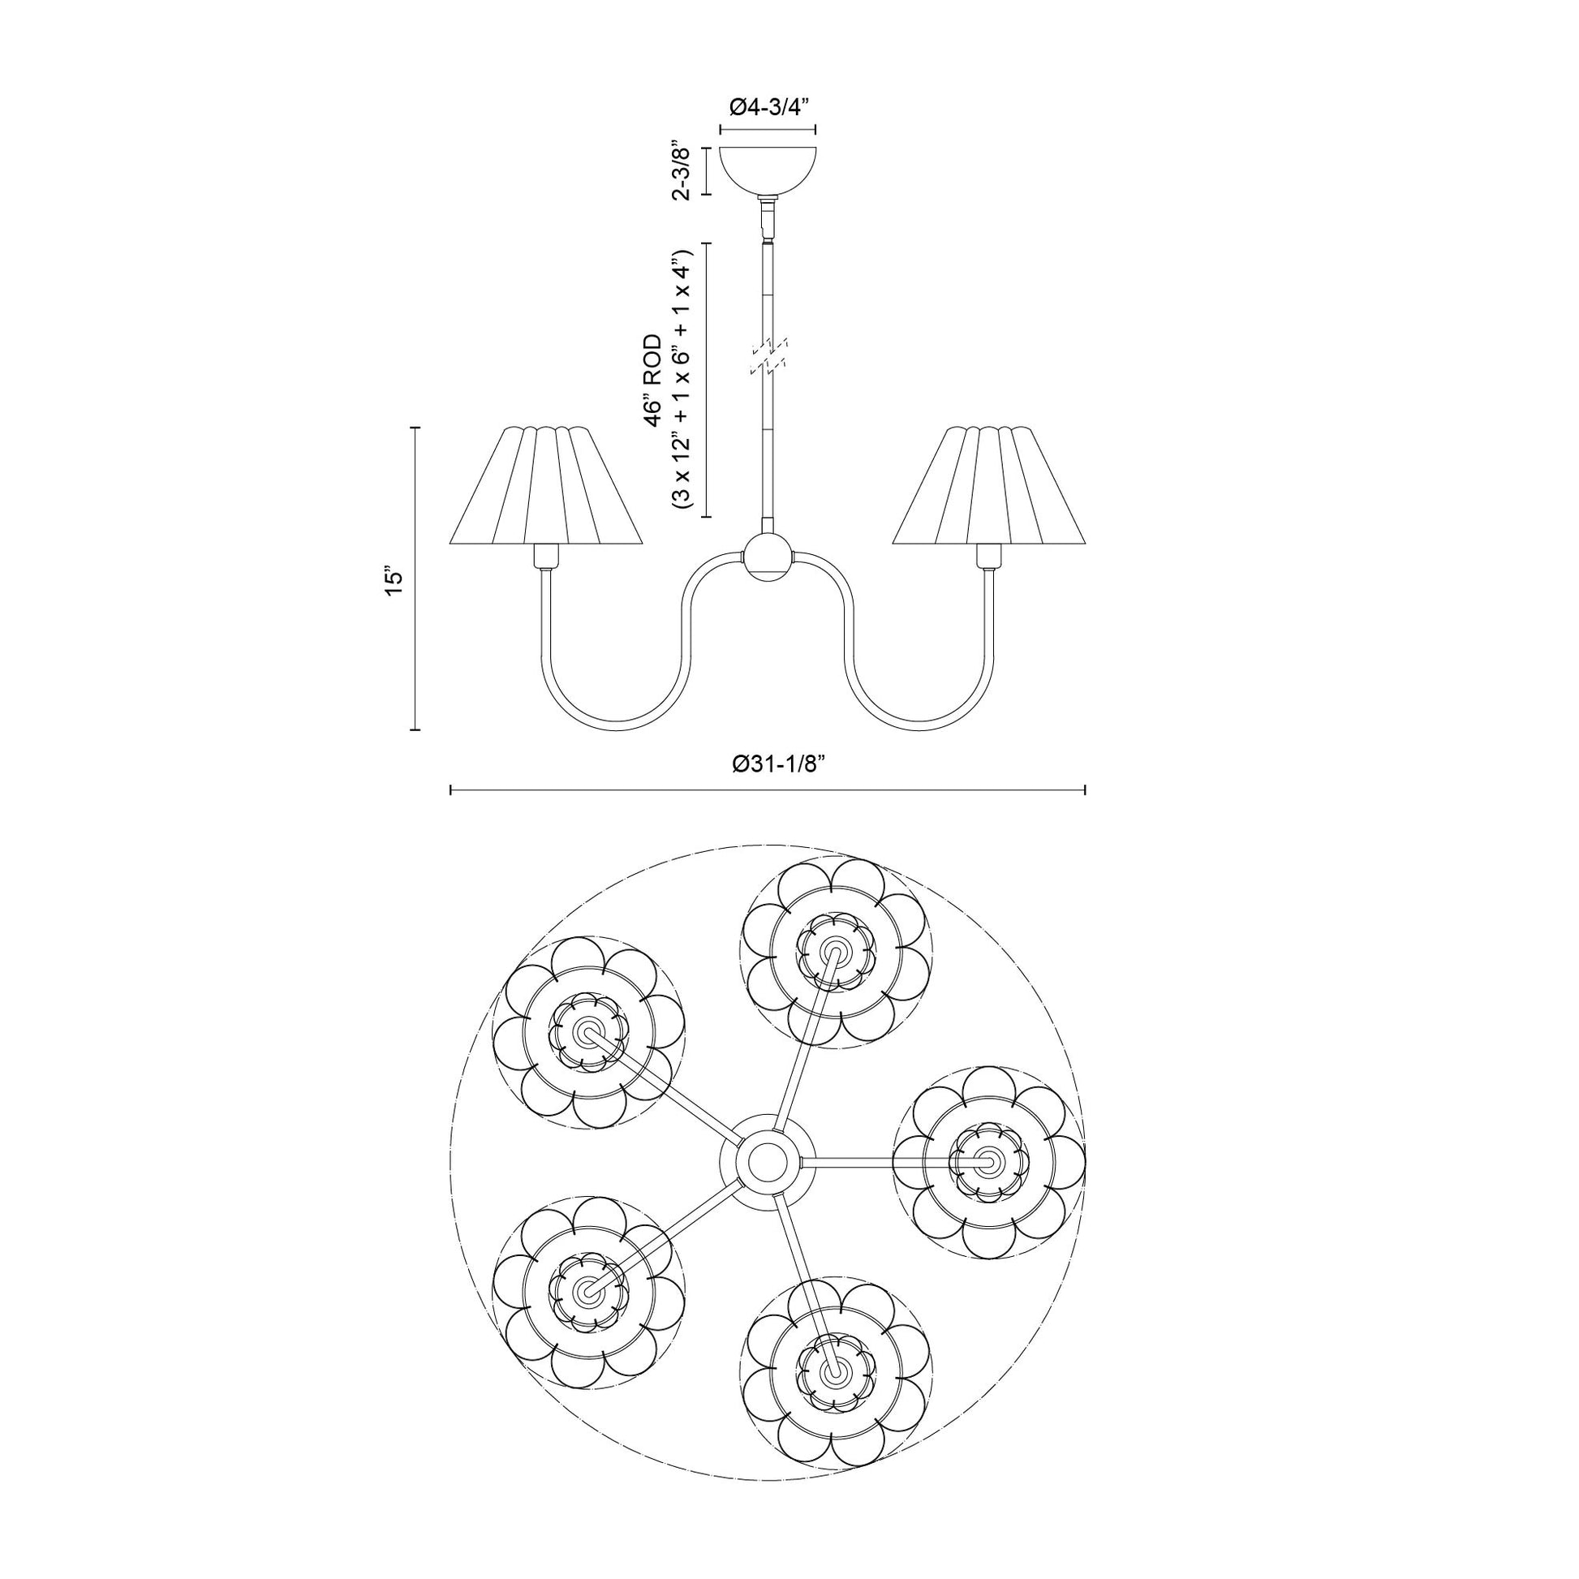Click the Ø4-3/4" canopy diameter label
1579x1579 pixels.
(x=768, y=107)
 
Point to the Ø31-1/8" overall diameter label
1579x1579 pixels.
(x=768, y=764)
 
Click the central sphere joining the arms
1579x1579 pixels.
(x=768, y=560)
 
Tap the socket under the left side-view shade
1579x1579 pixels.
(x=544, y=557)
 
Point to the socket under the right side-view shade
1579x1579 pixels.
(x=988, y=557)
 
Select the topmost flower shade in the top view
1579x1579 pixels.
(x=836, y=953)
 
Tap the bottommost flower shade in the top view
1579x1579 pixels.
(x=837, y=1376)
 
